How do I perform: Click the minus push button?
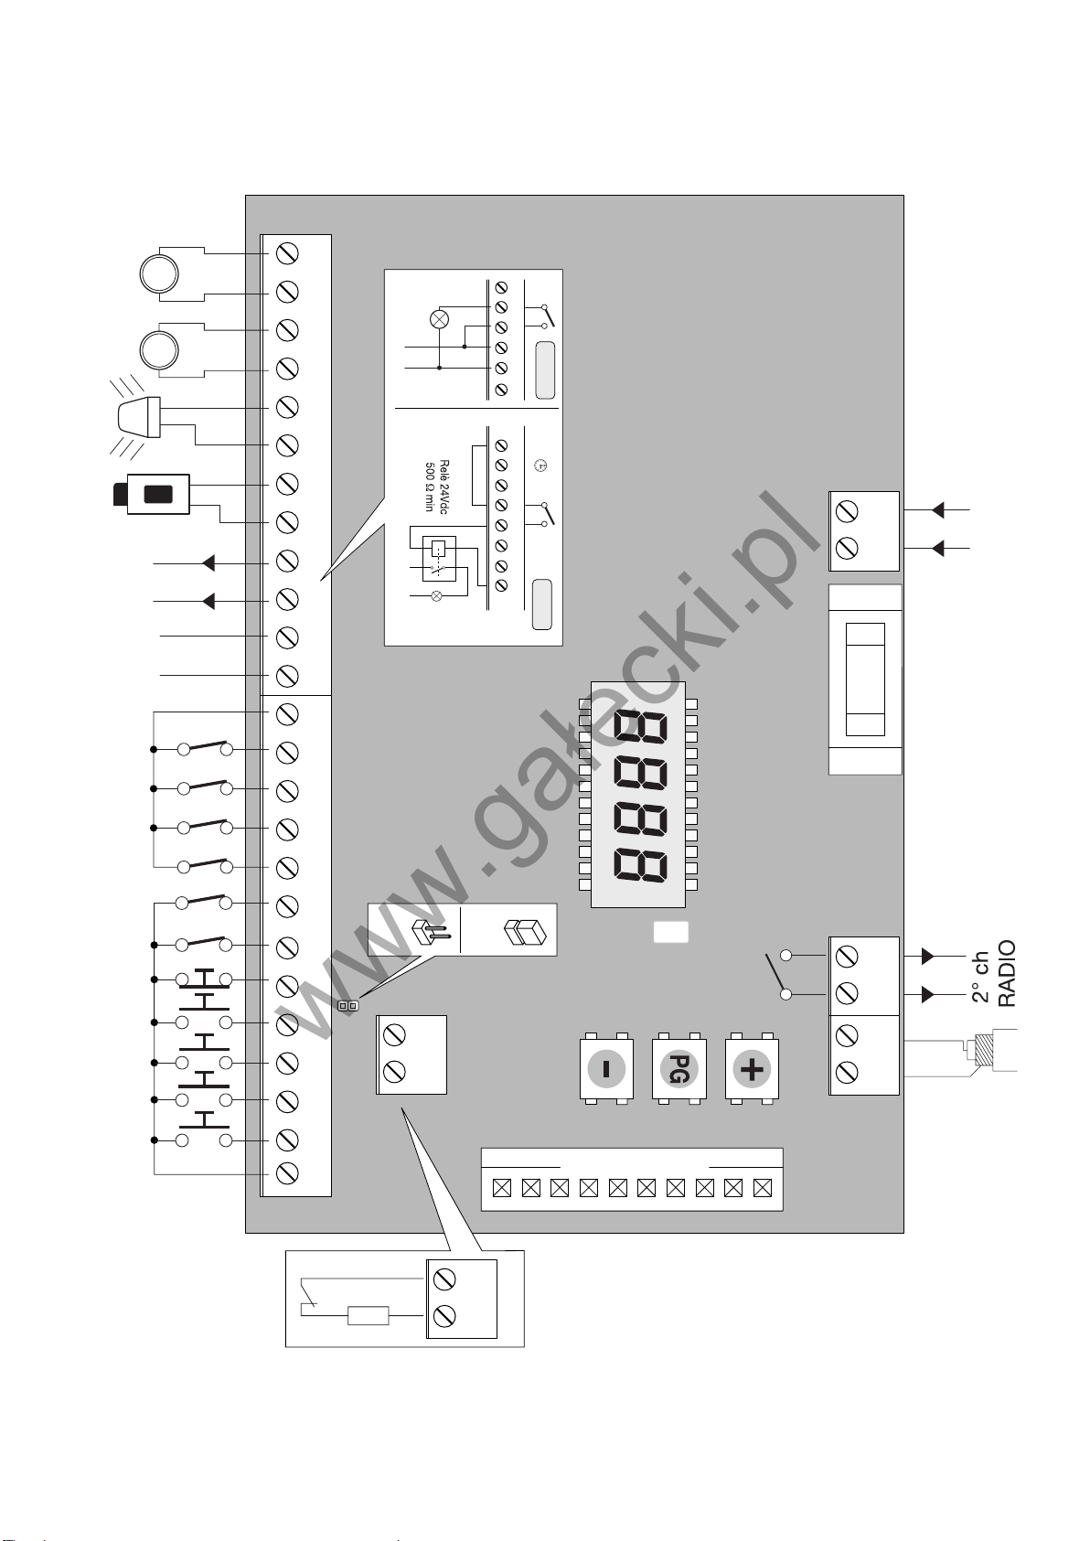point(606,1068)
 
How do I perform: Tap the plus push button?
point(752,1068)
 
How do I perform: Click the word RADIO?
point(1007,973)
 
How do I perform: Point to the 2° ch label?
point(980,978)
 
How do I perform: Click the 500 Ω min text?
point(430,487)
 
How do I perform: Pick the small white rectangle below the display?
point(670,932)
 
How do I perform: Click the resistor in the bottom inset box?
point(368,1316)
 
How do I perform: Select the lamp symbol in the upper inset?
point(440,319)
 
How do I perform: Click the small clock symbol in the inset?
point(540,466)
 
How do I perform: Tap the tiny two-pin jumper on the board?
point(347,1006)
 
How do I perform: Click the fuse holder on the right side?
point(865,679)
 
